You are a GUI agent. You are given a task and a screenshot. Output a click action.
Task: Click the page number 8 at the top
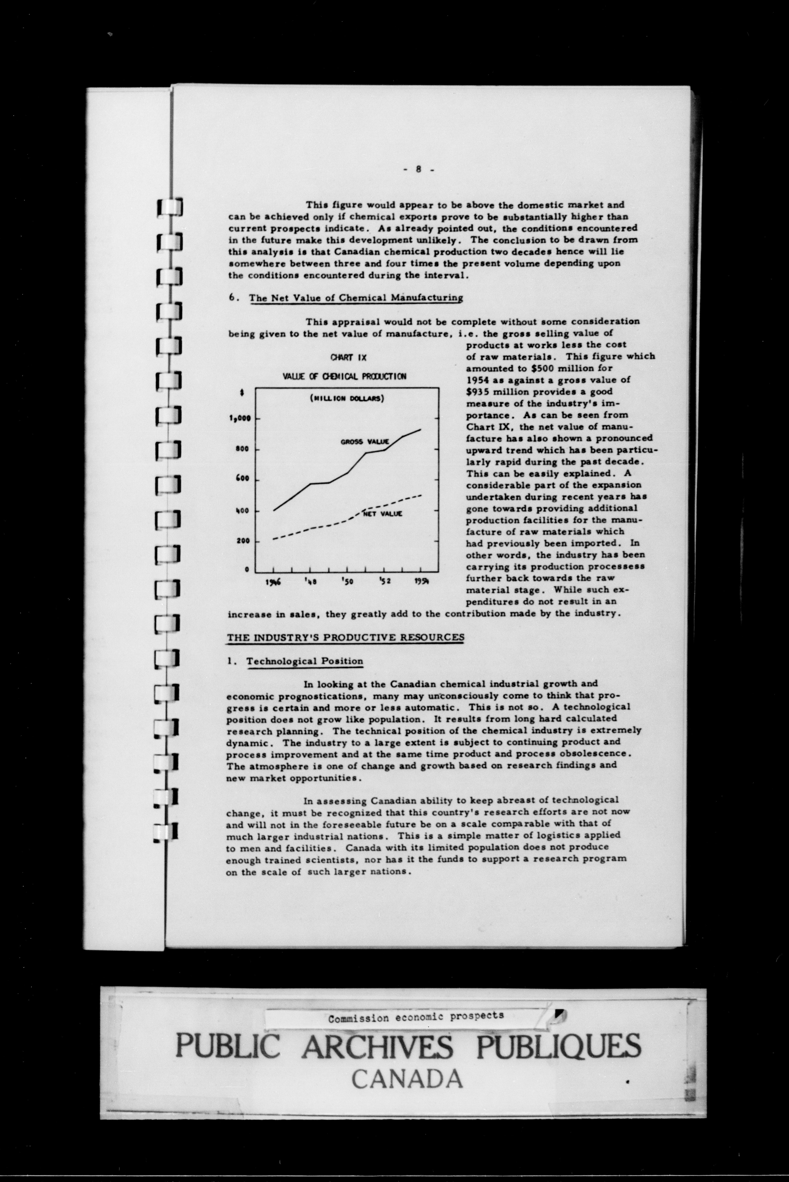pyautogui.click(x=418, y=170)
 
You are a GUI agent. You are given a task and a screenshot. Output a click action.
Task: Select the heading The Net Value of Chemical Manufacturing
pyautogui.click(x=356, y=298)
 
